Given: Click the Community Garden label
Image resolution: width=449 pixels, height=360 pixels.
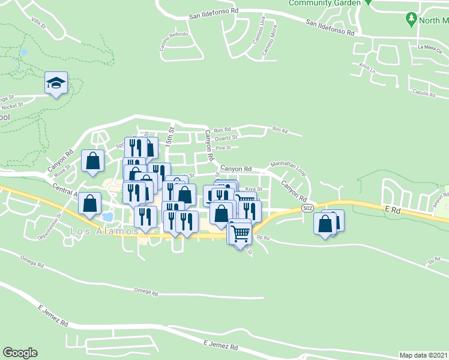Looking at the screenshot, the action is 325,3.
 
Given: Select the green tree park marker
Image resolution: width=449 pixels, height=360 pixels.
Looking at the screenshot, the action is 411,19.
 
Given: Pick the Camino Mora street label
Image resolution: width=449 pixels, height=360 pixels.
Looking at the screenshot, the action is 269,41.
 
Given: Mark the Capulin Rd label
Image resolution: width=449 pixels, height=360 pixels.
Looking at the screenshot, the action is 424,94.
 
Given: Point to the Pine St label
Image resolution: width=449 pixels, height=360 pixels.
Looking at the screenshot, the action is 223,147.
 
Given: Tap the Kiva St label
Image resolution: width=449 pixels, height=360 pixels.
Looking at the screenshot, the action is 254,188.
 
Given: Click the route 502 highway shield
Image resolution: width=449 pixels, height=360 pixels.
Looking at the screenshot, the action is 307,208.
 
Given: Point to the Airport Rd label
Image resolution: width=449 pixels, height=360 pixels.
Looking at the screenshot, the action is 441,198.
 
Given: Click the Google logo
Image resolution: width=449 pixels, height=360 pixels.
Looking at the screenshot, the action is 20,353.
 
